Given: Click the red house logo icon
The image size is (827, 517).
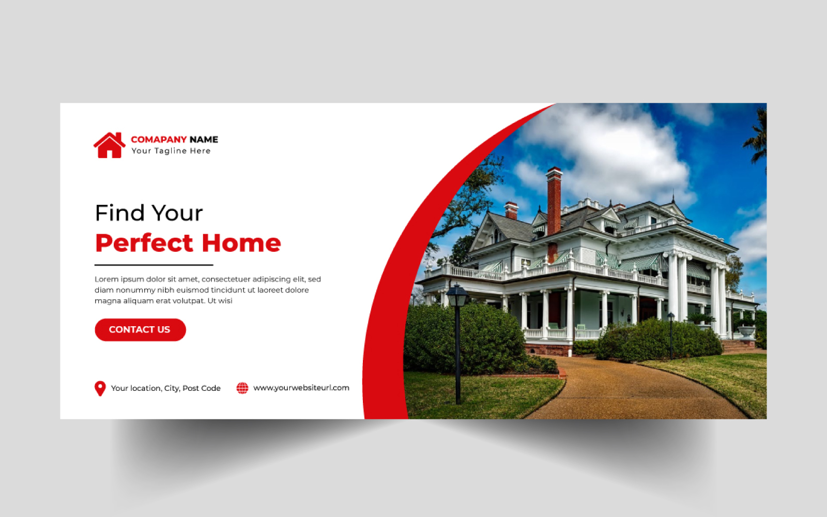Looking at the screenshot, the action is [x=109, y=145].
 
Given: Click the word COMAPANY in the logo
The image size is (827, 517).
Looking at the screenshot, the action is [x=159, y=140].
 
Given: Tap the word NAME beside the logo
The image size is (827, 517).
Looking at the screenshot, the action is [x=204, y=140].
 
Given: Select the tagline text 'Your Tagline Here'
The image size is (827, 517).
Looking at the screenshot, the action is [x=171, y=150].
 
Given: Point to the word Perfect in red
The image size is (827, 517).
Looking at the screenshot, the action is [x=144, y=244].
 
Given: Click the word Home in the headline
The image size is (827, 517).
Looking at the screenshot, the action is [x=241, y=243].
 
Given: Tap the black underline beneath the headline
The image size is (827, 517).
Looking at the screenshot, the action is [x=154, y=265].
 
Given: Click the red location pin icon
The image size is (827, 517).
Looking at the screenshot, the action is [x=100, y=388].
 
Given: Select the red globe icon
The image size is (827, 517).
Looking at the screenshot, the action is [x=242, y=388].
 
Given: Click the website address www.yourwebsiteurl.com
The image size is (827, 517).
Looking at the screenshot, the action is [x=301, y=388].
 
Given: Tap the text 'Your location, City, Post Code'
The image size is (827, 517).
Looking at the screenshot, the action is [x=166, y=388].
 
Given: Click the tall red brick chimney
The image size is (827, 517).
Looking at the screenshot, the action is [x=554, y=201].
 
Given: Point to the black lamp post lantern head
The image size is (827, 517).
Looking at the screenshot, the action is [x=457, y=295].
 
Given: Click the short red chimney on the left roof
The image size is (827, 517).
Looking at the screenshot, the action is [x=511, y=210].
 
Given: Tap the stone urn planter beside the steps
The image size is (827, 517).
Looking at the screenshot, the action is [x=746, y=331].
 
